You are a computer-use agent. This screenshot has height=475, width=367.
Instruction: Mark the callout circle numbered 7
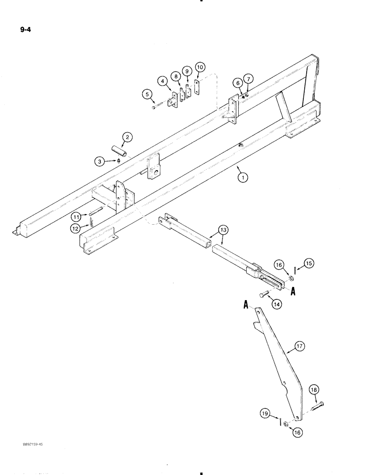pos(249,78)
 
